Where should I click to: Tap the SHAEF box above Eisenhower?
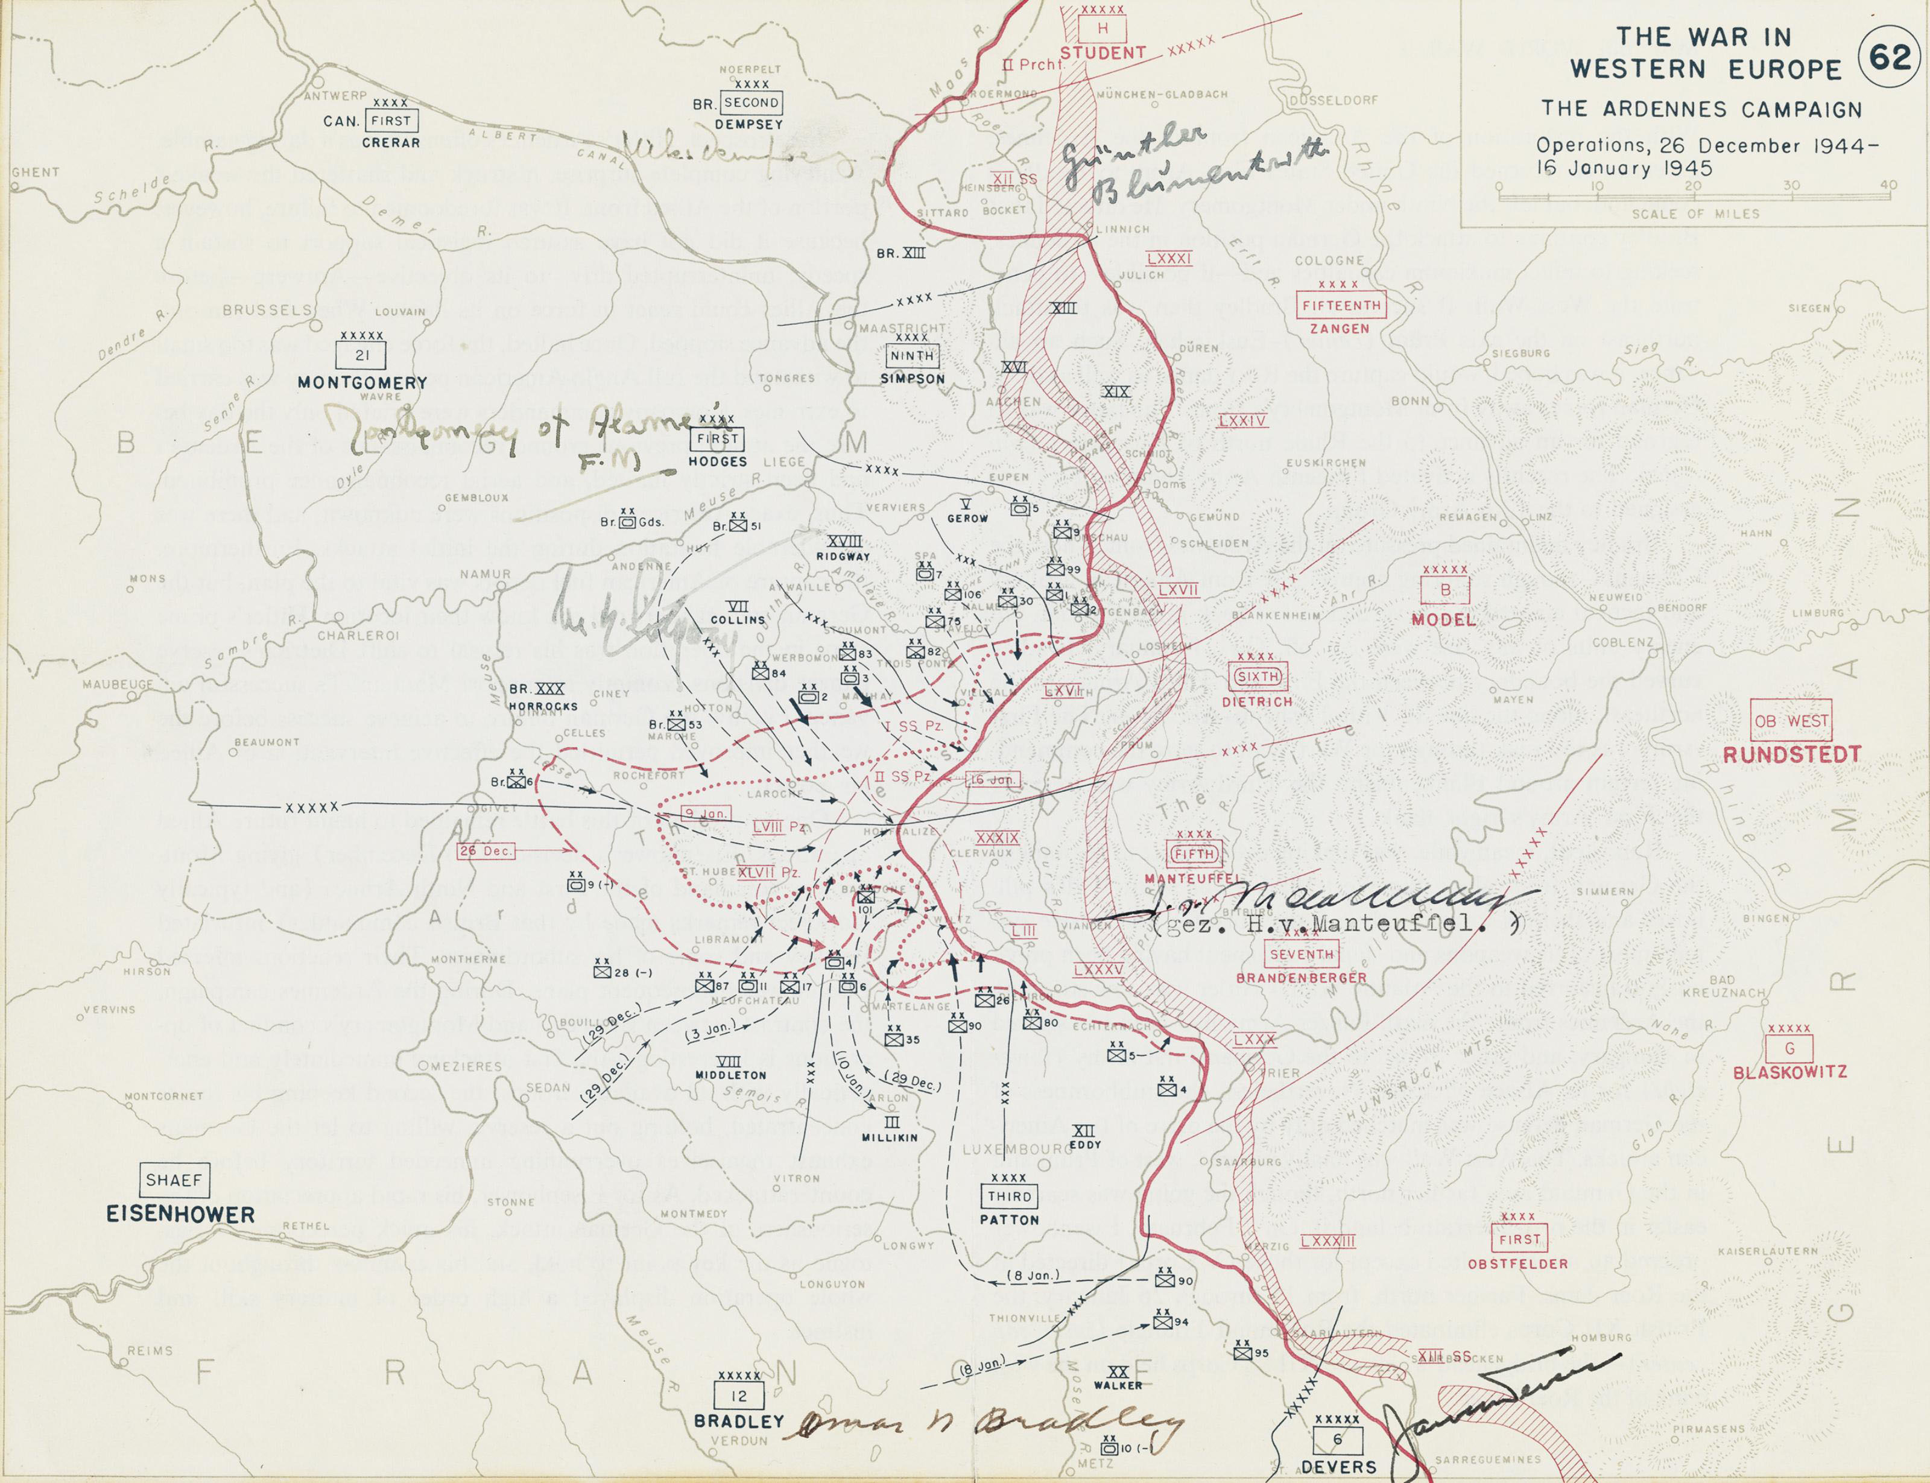[174, 1180]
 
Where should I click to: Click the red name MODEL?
[1443, 620]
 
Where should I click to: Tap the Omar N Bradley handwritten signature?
[980, 1422]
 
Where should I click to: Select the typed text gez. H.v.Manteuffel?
[1338, 923]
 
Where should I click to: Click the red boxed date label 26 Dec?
[485, 851]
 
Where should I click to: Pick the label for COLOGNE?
[1330, 261]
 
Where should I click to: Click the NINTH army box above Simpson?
[912, 356]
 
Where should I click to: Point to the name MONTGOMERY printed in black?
[362, 382]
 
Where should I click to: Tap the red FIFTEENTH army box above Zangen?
[1341, 305]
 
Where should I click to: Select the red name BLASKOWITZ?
[1789, 1072]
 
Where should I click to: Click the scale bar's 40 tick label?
[1888, 185]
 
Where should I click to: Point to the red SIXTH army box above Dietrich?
[1258, 677]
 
